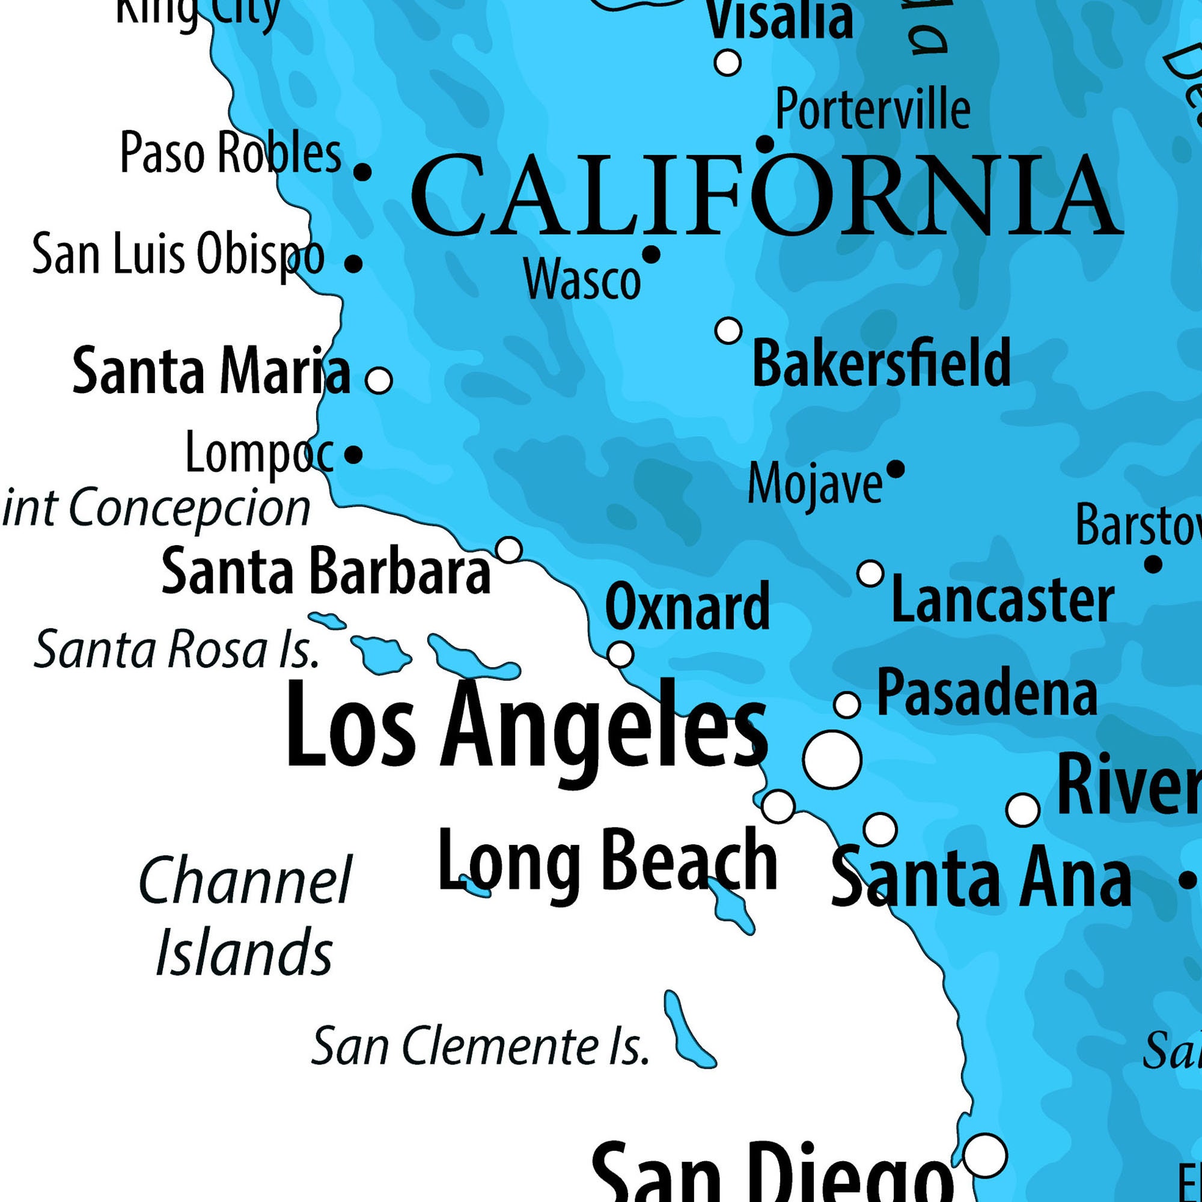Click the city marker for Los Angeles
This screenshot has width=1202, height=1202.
coord(832,760)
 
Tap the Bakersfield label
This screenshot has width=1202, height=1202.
coord(881,363)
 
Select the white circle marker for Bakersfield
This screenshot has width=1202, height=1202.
coord(728,331)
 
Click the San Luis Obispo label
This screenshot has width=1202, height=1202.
coord(178,254)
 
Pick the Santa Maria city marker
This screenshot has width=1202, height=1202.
coord(379,379)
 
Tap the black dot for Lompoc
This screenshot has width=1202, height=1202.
coord(353,455)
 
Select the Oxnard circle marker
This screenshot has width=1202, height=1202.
coord(620,654)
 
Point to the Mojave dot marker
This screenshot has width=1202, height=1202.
coord(895,469)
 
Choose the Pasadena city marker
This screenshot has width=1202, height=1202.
coord(847,705)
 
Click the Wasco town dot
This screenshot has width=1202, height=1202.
coord(651,254)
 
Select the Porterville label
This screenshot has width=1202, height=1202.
coord(872,109)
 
